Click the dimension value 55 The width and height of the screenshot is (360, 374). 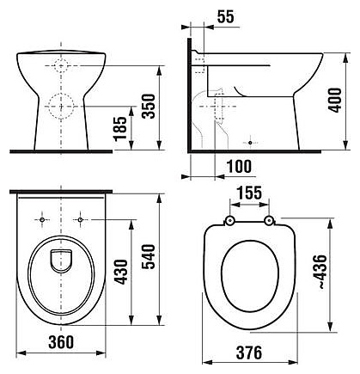(225, 16)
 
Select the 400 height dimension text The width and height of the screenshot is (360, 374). (335, 100)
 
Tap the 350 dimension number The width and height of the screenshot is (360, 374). (149, 106)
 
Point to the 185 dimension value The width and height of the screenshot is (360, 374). (120, 128)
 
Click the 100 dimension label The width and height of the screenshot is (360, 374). (239, 167)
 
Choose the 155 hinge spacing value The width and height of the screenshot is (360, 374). (249, 193)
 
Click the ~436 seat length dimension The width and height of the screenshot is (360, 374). (320, 272)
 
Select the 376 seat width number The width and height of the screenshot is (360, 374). (249, 353)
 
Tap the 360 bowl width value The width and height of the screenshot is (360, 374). (61, 342)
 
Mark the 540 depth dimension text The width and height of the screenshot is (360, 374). (149, 256)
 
